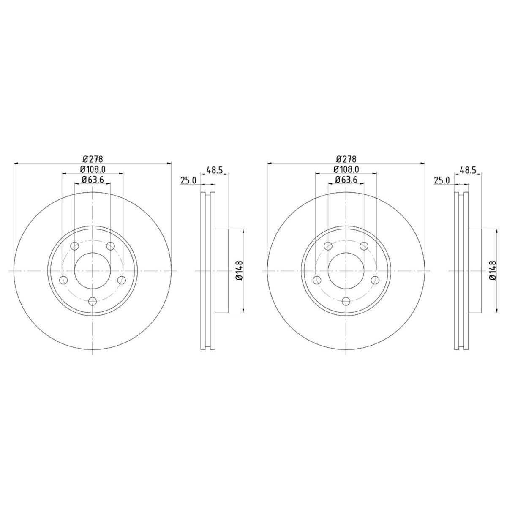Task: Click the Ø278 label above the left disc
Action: tap(93, 159)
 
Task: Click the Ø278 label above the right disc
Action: tap(346, 159)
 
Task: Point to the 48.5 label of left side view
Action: tap(215, 170)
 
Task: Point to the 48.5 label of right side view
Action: tap(468, 170)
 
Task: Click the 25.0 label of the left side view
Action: tap(188, 180)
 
